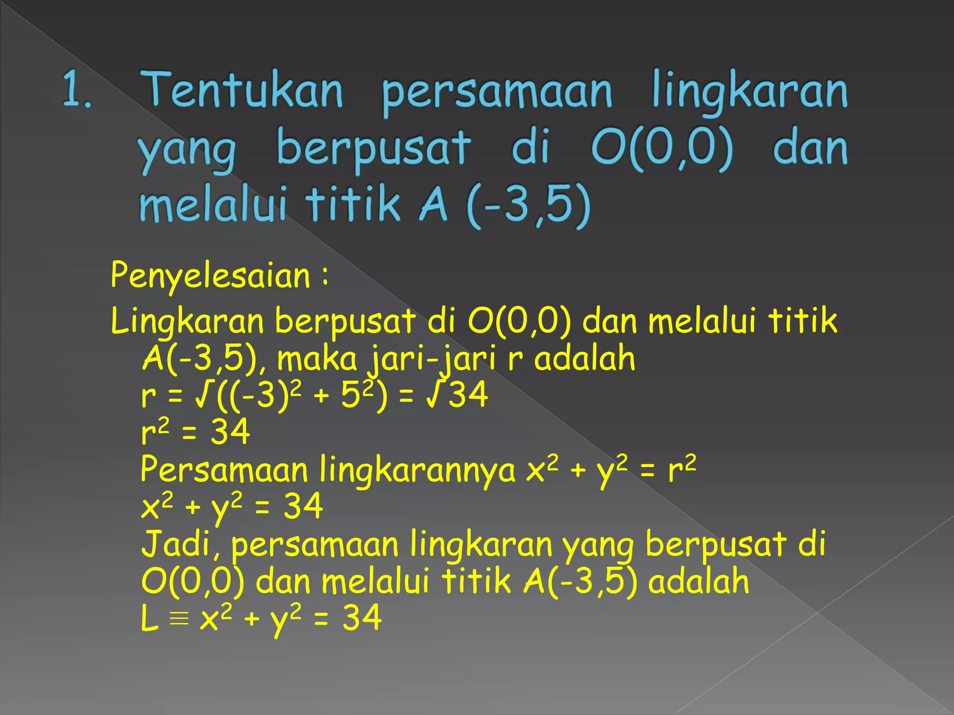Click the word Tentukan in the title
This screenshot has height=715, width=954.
[242, 89]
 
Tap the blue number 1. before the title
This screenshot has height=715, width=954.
[76, 89]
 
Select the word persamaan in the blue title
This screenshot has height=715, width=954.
[497, 92]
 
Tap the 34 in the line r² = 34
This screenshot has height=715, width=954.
[230, 432]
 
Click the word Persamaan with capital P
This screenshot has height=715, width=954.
[224, 469]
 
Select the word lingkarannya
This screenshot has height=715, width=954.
[417, 470]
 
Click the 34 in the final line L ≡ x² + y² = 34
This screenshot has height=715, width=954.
[362, 618]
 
